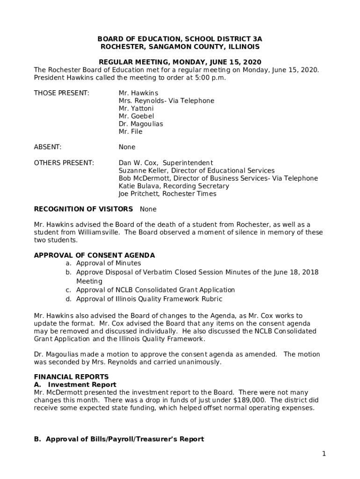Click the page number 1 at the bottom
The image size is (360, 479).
tap(324, 454)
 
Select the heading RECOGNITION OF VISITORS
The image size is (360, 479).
tap(83, 209)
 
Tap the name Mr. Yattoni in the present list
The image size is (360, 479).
tap(136, 109)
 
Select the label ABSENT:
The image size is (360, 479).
tap(48, 147)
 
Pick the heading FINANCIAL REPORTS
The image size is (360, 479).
tap(71, 377)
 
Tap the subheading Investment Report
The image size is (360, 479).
tap(82, 385)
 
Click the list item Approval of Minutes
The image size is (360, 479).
tap(108, 263)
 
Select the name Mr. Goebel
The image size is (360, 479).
tap(136, 116)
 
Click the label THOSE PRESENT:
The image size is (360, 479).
tap(61, 93)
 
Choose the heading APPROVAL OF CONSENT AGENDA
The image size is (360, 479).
tap(94, 255)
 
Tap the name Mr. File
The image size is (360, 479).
tap(130, 132)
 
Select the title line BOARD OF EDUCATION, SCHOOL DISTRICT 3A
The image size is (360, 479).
tap(180, 39)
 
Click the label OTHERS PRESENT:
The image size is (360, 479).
tap(64, 163)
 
